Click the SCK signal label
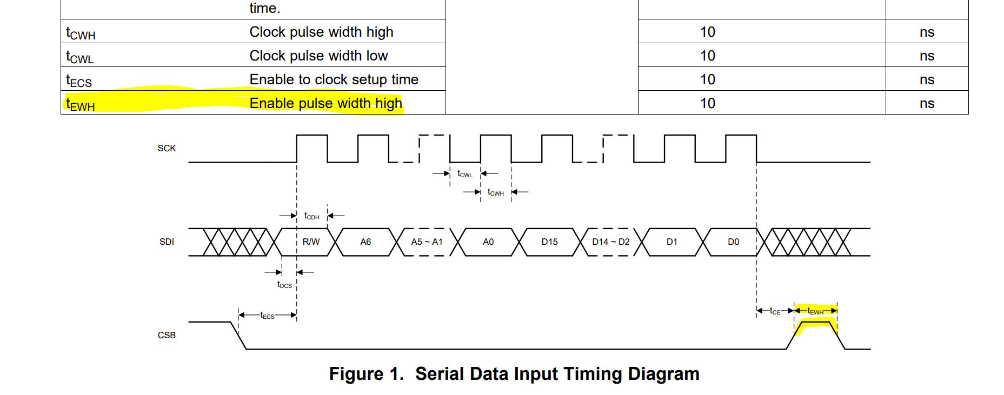click(x=167, y=148)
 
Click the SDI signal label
click(x=167, y=242)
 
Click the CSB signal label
click(x=167, y=335)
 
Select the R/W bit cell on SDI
click(x=311, y=242)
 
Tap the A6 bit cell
click(x=365, y=242)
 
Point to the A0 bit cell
click(x=488, y=242)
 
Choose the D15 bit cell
click(x=549, y=242)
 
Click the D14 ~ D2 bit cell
click(x=611, y=242)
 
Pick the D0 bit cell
click(x=733, y=242)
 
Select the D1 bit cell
click(x=672, y=242)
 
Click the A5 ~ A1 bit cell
click(x=427, y=242)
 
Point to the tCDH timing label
click(x=312, y=216)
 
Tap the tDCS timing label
click(x=284, y=285)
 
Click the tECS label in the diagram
click(x=267, y=316)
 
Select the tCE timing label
click(x=775, y=311)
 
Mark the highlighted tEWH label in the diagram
click(x=815, y=311)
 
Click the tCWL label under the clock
click(x=465, y=174)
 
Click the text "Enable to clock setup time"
click(x=334, y=79)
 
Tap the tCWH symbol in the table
click(x=81, y=33)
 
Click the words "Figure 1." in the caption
click(x=366, y=374)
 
